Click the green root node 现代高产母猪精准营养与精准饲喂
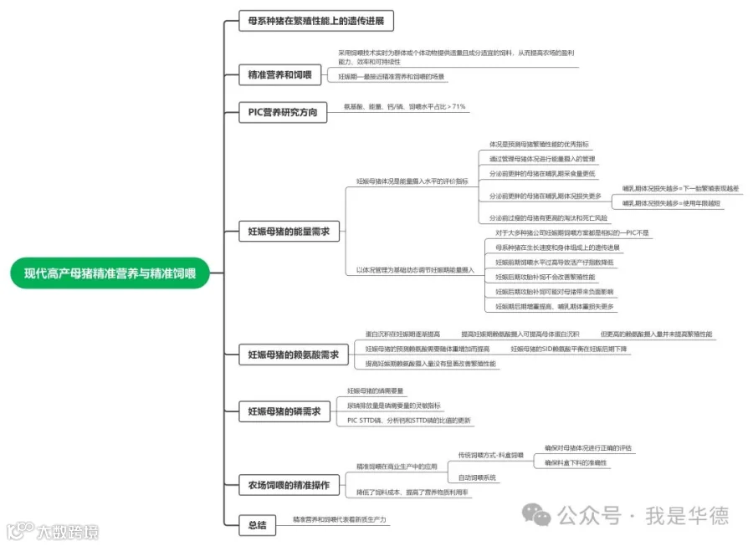click(110, 273)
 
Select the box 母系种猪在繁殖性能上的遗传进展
click(315, 21)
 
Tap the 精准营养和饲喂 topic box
click(279, 75)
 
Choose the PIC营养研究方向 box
click(283, 112)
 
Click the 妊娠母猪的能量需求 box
click(289, 231)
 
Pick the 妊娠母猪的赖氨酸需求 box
click(293, 355)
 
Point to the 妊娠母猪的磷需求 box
click(284, 411)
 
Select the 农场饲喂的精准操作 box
click(289, 485)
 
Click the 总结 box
click(257, 525)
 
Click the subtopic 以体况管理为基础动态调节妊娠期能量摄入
click(415, 270)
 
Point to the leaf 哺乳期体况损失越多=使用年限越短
click(671, 203)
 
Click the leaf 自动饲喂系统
click(477, 477)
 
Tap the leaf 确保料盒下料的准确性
click(576, 462)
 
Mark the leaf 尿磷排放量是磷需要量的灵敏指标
click(393, 406)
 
